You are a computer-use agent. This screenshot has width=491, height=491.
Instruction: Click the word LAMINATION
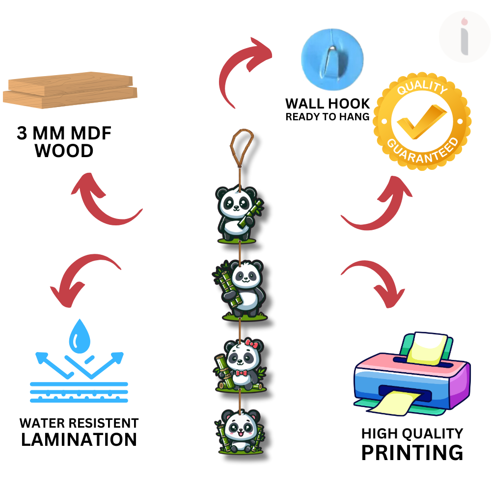79,439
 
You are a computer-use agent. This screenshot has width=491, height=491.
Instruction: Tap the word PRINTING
412,452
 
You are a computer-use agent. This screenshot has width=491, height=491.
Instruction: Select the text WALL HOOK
327,104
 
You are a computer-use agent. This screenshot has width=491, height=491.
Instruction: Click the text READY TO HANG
327,117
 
